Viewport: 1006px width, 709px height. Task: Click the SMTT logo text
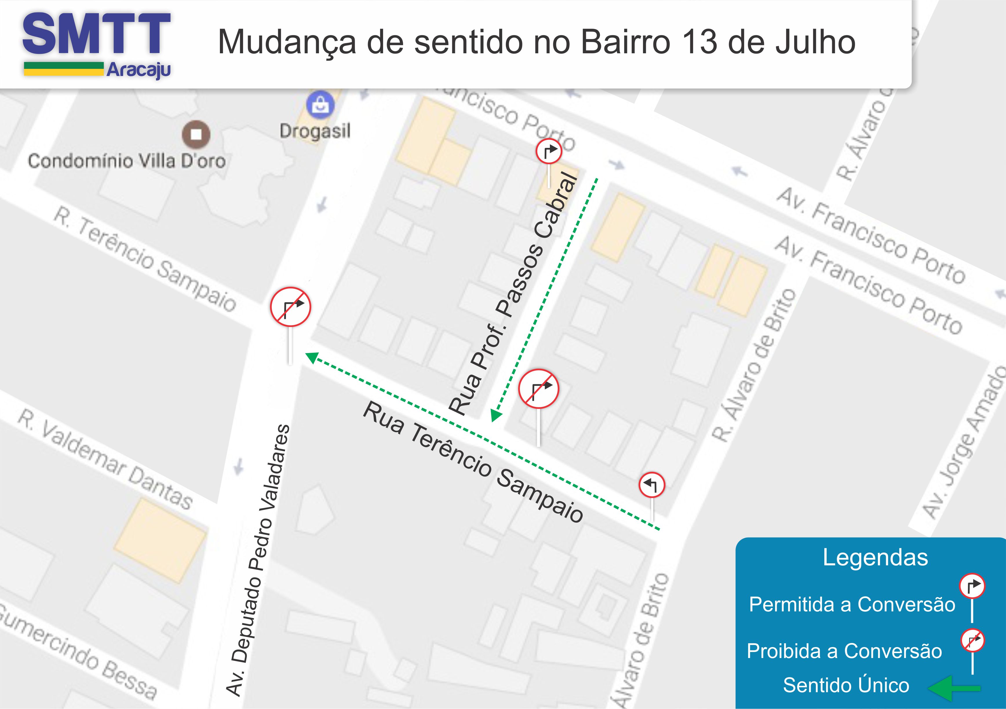click(96, 34)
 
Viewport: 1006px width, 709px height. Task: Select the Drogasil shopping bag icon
click(320, 105)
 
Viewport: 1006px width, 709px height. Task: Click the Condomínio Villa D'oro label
click(127, 161)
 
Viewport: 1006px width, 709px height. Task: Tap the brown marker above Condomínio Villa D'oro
click(196, 134)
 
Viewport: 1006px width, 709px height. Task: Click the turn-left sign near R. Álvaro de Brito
click(652, 485)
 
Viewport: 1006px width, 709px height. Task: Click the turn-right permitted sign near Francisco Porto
click(548, 151)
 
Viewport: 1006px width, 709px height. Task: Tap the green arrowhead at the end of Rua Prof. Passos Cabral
click(495, 415)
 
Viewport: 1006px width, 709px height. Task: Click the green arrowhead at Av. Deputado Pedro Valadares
click(311, 357)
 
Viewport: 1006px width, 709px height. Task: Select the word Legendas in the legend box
click(875, 558)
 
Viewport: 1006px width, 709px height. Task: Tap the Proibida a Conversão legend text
click(844, 651)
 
